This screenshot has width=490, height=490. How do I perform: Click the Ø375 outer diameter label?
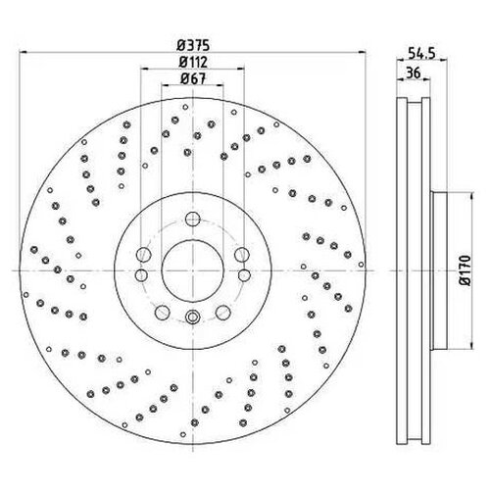pyautogui.click(x=193, y=45)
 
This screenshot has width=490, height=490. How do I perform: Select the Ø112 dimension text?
pyautogui.click(x=193, y=62)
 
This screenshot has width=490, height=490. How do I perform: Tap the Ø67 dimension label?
pyautogui.click(x=193, y=78)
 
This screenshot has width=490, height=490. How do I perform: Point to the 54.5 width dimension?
pyautogui.click(x=421, y=53)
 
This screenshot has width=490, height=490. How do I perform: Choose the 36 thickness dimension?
pyautogui.click(x=414, y=73)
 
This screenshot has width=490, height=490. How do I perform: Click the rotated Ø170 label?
pyautogui.click(x=465, y=270)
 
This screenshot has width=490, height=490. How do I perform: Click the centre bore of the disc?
pyautogui.click(x=193, y=270)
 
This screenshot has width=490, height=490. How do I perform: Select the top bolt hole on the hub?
pyautogui.click(x=193, y=219)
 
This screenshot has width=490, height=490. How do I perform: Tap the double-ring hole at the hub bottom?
pyautogui.click(x=193, y=317)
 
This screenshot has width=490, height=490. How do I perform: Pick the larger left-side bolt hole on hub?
pyautogui.click(x=143, y=255)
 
